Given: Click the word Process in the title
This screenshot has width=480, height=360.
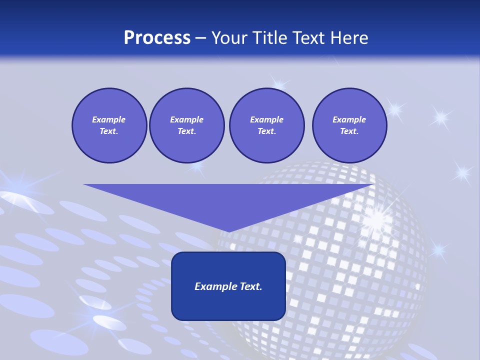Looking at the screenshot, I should pos(157,37).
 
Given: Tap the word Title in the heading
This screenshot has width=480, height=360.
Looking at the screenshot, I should pos(269,37).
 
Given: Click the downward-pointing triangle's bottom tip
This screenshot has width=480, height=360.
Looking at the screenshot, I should pos(228,230).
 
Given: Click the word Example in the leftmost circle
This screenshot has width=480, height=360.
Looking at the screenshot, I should pos(109,119).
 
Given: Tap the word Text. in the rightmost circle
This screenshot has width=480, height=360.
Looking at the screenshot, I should pos(349,131).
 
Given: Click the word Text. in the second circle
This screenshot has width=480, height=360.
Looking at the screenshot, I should pos(186,131).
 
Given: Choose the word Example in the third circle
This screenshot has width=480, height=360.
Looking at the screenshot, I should pos(266,119).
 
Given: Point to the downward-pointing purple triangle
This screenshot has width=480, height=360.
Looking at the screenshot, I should pos(228,200).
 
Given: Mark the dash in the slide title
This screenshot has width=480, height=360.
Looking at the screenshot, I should pos(200,38).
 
